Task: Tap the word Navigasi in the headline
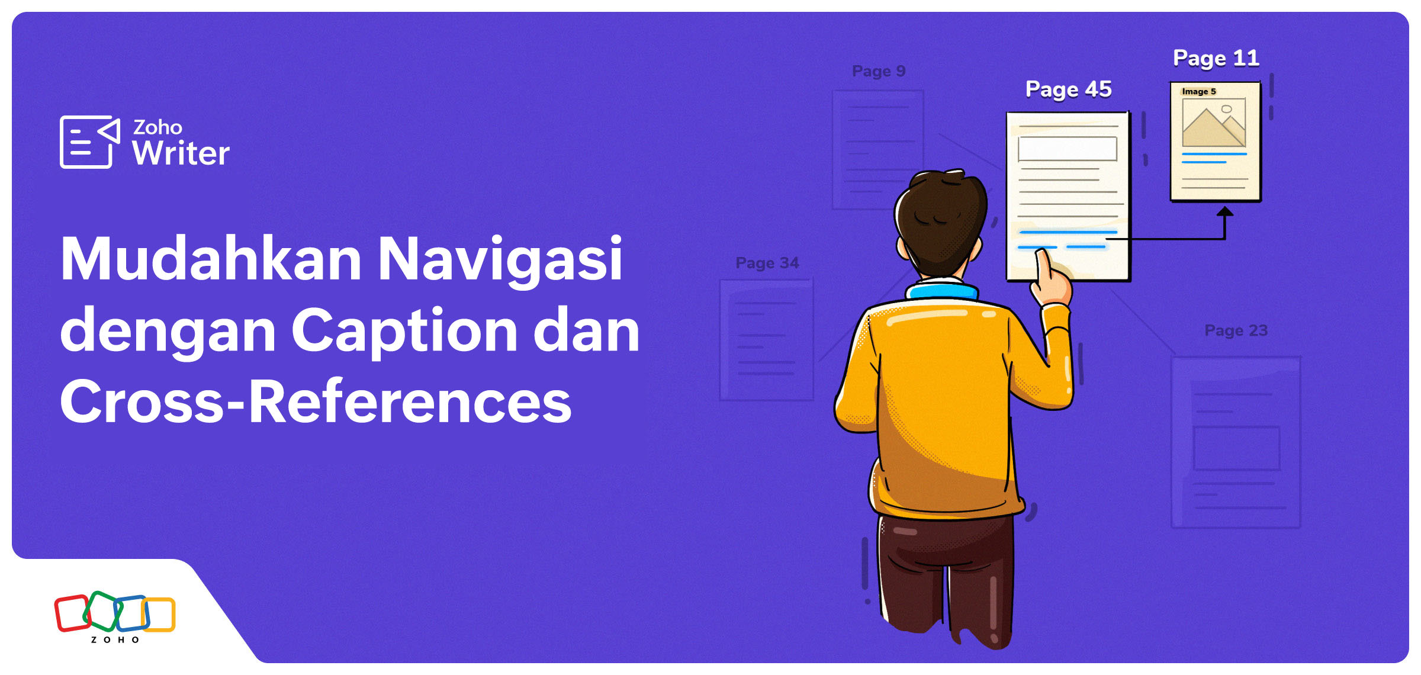[499, 261]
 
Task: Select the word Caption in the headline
[404, 332]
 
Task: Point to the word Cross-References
[315, 403]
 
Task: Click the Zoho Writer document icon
[89, 142]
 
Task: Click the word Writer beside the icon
[181, 154]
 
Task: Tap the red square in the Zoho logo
[72, 613]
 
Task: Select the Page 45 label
[1068, 89]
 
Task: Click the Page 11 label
[1216, 58]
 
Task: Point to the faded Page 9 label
[879, 71]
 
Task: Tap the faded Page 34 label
[767, 263]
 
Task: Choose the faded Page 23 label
[1236, 330]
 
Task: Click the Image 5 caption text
[1198, 92]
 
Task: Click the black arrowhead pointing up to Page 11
[1224, 211]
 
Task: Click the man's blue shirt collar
[941, 291]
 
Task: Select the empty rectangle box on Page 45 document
[1067, 149]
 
